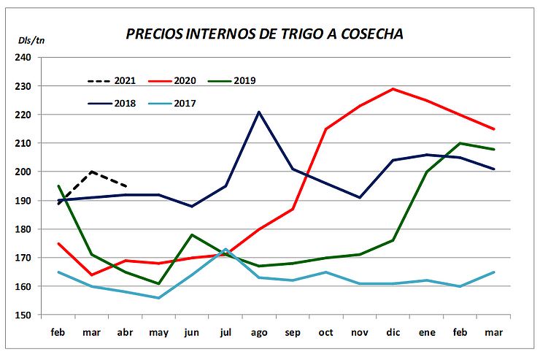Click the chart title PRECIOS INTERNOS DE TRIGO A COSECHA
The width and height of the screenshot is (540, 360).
pos(264,34)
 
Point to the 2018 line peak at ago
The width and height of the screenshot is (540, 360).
pos(259,112)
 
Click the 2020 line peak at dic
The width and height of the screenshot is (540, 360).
pos(393,89)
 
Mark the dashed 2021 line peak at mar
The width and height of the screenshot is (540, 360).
pos(92,172)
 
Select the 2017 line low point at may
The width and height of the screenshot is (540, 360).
pos(158,298)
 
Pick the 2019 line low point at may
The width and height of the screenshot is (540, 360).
pos(158,283)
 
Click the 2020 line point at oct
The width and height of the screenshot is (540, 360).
pos(325,129)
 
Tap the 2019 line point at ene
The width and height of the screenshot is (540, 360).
pos(427,172)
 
